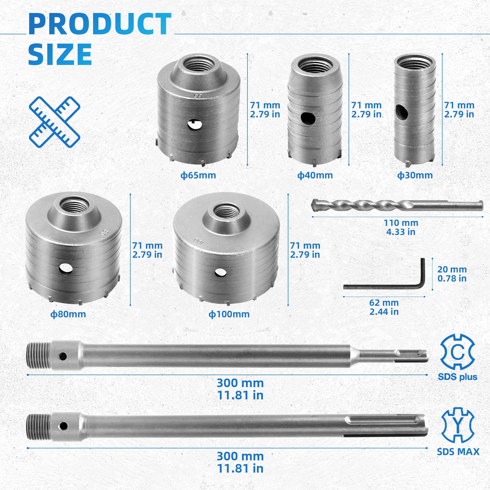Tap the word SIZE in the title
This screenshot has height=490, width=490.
coord(60,54)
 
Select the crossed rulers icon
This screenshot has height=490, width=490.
coord(55,122)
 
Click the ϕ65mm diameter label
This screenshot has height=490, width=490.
coord(198,175)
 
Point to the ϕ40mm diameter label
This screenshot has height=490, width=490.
coord(315,175)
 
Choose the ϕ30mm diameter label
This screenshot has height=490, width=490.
coord(415,175)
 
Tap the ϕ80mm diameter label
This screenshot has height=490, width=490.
coord(68,314)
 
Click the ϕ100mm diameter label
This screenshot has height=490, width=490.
coord(229,314)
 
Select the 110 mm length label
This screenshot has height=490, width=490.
coord(401,223)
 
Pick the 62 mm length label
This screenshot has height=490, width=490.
coord(384,303)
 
